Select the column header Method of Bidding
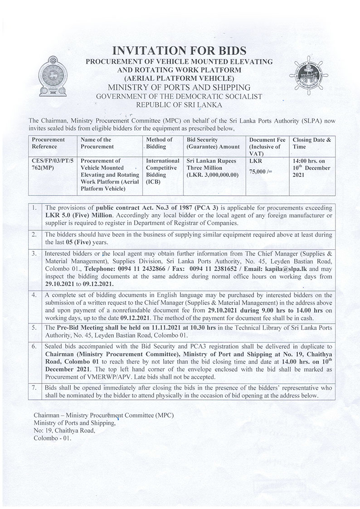point(159,143)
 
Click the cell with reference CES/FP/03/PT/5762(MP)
point(52,164)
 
